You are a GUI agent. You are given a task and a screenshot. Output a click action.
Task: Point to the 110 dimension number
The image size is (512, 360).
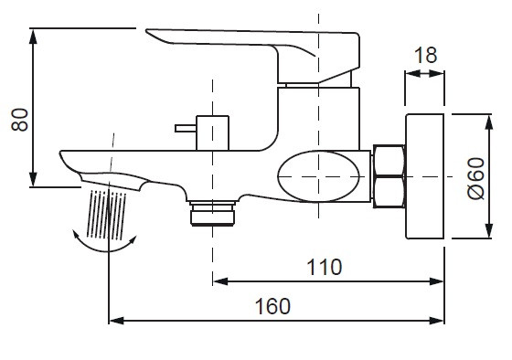pyautogui.click(x=324, y=267)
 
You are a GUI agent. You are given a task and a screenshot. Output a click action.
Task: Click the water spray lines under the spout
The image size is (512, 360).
pyautogui.click(x=106, y=214)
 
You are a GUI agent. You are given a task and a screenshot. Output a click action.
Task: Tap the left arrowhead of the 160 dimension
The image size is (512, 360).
pyautogui.click(x=114, y=321)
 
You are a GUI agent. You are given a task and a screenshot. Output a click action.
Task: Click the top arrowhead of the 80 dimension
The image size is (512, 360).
pyautogui.click(x=33, y=36)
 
